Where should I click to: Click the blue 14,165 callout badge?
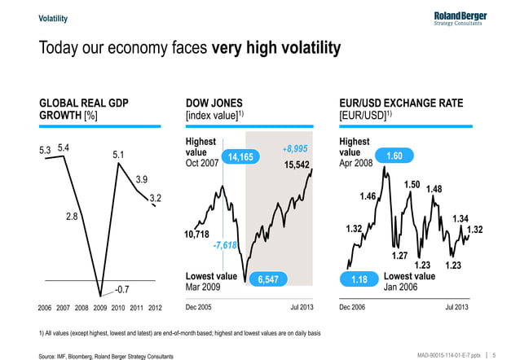242,156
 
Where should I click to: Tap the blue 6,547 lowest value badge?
268,279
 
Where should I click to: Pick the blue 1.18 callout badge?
359,279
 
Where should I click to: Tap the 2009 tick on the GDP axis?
101,307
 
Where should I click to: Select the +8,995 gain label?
294,149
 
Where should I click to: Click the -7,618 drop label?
224,245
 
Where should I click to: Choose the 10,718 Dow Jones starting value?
199,235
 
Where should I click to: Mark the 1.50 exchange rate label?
412,185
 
